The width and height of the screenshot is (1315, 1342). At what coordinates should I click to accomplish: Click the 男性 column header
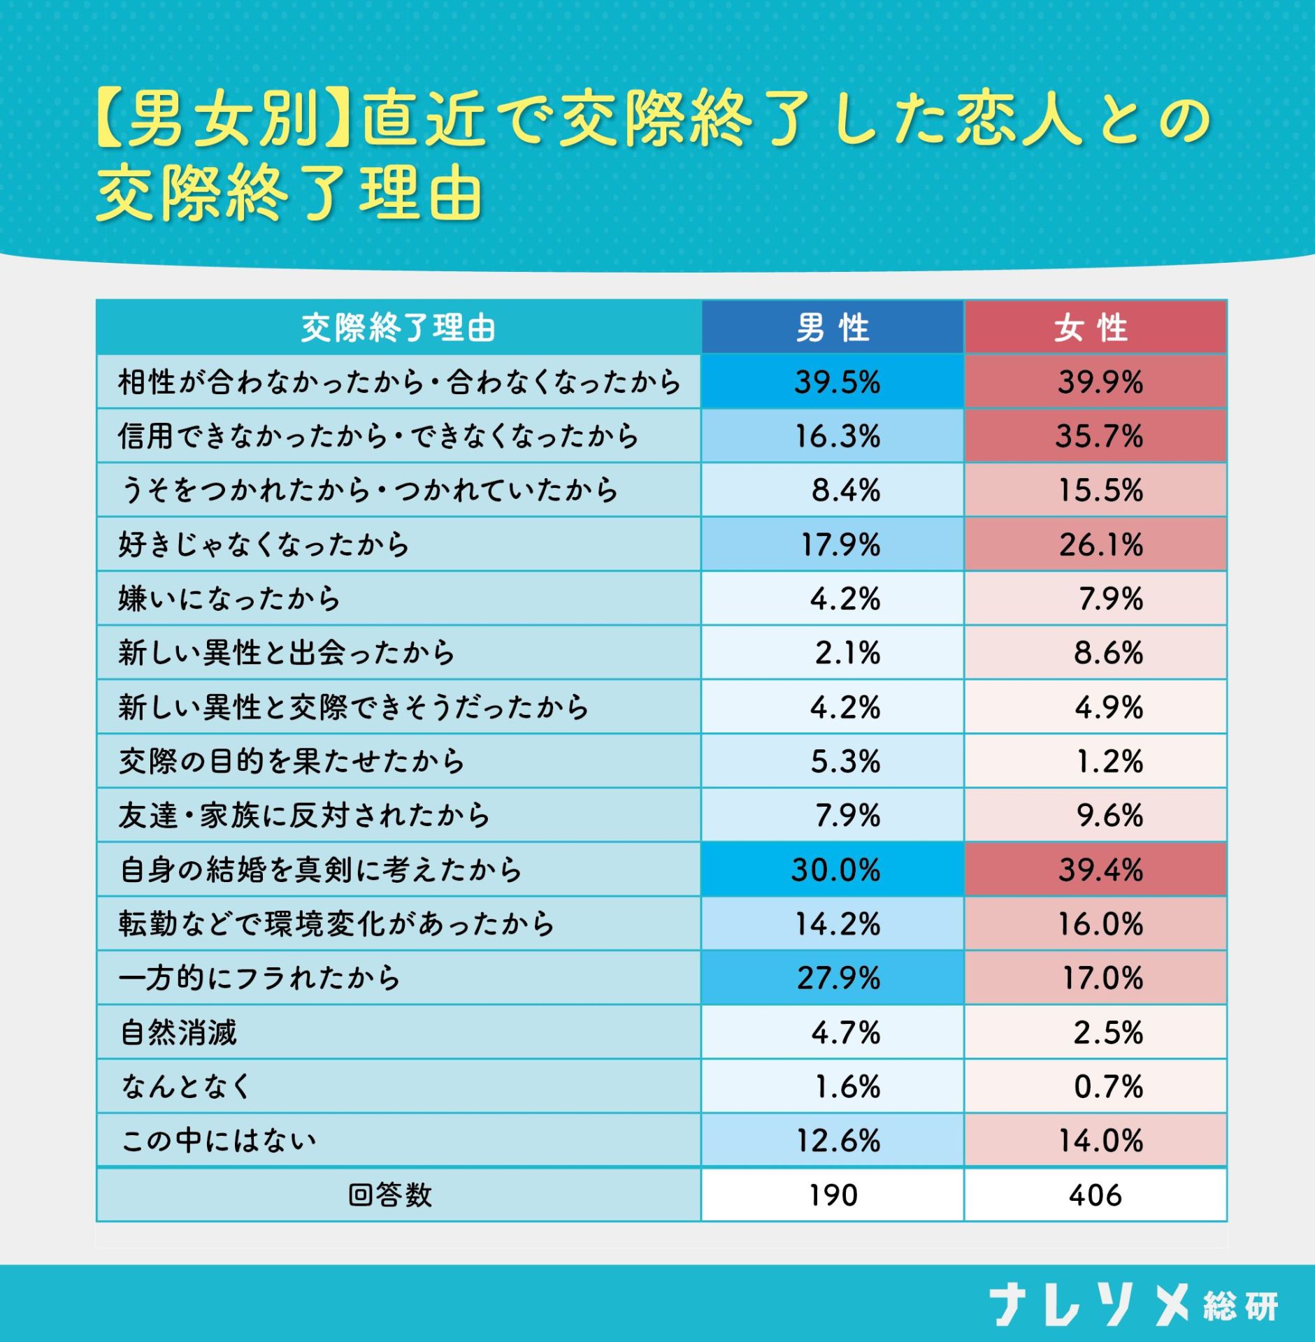click(832, 328)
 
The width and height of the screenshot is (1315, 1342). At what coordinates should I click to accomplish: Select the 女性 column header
click(1094, 328)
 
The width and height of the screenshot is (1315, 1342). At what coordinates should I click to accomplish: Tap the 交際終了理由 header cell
click(398, 328)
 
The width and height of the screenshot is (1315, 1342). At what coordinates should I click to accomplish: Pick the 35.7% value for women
click(1099, 436)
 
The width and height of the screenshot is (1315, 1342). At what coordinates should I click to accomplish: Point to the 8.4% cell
click(845, 491)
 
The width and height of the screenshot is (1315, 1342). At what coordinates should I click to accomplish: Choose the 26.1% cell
click(1100, 544)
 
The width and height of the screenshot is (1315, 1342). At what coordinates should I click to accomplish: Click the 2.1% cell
click(847, 653)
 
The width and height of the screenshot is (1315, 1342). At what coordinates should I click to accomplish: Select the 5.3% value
click(845, 761)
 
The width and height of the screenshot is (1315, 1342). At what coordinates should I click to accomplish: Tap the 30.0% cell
click(835, 870)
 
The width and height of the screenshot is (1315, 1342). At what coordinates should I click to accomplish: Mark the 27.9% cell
click(838, 978)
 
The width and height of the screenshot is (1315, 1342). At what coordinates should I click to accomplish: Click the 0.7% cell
click(1108, 1086)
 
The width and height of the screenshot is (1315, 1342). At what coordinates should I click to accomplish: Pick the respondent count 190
click(833, 1195)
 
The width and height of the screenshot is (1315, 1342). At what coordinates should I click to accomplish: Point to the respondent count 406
click(1095, 1195)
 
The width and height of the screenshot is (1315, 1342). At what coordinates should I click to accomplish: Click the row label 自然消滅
click(179, 1032)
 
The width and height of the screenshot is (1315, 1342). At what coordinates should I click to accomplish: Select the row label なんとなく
click(186, 1086)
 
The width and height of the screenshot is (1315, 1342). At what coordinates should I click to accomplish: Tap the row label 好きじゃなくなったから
click(264, 544)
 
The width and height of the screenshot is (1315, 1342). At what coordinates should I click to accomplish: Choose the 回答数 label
click(390, 1195)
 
